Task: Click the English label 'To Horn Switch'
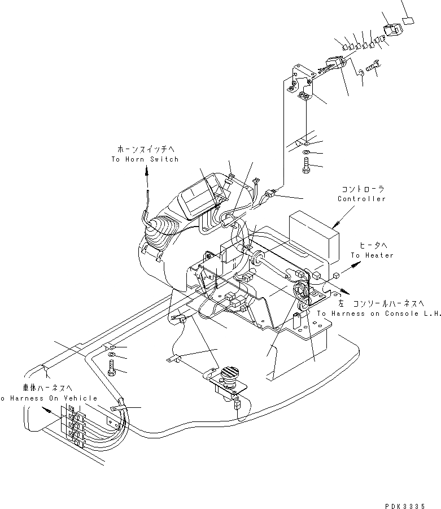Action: pos(145,159)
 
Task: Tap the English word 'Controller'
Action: pos(361,198)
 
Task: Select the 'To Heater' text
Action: pos(371,255)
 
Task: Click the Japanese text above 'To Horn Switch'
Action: pos(145,149)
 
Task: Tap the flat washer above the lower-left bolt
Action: pos(111,355)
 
